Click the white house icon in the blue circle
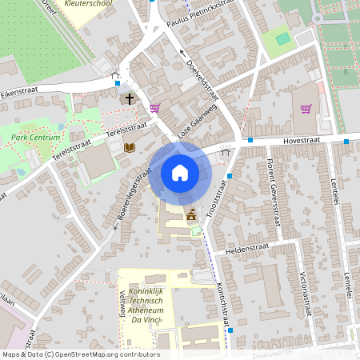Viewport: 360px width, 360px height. click(x=179, y=172)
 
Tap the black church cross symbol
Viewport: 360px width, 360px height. click(x=130, y=98)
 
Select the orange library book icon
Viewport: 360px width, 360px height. click(x=130, y=147)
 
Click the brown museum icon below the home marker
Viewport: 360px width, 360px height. click(x=191, y=215)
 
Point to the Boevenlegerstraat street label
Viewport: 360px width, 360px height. click(x=133, y=196)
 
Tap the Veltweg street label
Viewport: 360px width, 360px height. click(x=122, y=304)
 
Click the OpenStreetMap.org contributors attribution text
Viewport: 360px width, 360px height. click(x=108, y=354)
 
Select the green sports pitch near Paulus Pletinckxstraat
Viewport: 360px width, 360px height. click(x=282, y=38)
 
